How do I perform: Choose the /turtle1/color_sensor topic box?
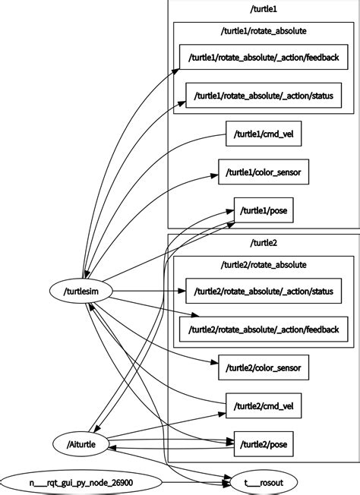[264, 172]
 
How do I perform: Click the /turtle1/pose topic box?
[264, 210]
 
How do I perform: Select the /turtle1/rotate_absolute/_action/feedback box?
[264, 56]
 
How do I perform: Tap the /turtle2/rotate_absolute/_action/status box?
[264, 290]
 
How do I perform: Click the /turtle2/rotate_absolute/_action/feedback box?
[264, 329]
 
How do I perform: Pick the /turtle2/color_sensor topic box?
[264, 368]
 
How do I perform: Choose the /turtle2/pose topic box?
[264, 443]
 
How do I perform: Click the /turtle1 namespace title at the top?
[264, 8]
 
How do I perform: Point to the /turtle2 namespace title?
[264, 242]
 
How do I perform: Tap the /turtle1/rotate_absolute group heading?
[264, 32]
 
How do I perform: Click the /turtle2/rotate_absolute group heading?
[264, 265]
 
